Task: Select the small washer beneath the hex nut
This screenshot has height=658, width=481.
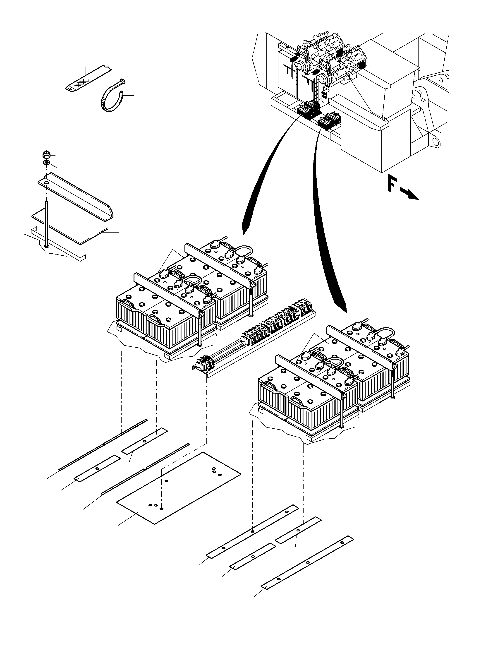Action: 46,163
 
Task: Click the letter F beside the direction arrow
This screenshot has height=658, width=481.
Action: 392,185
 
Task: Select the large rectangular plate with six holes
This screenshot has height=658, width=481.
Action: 178,488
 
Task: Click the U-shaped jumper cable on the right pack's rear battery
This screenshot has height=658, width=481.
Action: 388,332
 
